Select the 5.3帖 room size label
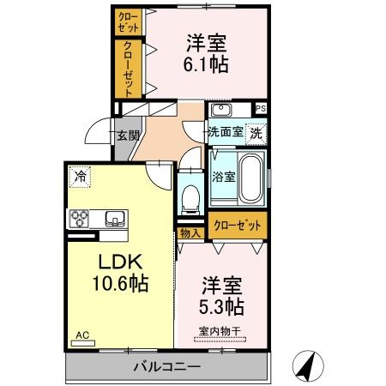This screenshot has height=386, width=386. pos(222,306)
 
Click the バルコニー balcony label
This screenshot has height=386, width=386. pos(166,366)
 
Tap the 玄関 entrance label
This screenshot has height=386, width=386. pos(128,135)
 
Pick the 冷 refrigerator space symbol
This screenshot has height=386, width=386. pos(80,177)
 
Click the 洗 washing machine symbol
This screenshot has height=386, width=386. pos(255,133)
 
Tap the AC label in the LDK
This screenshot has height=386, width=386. pos(81,335)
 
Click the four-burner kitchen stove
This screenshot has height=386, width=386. pos(81,219)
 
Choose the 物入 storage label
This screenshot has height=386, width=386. pos(190,232)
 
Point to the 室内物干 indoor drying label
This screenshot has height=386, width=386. pos(220,330)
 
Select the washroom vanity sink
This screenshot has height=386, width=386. pos(221,110)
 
